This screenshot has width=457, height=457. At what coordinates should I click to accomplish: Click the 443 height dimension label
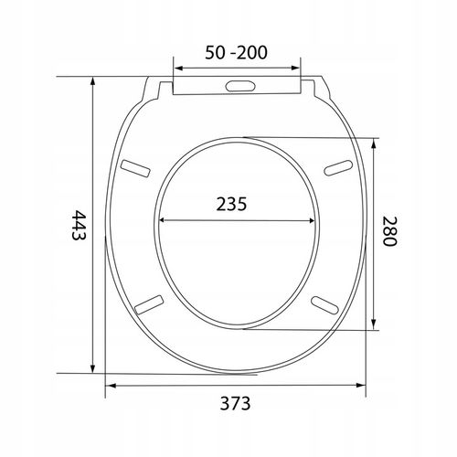pyautogui.click(x=79, y=225)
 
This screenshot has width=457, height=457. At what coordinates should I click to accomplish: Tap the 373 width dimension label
pyautogui.click(x=235, y=403)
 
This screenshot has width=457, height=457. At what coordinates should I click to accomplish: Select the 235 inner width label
pyautogui.click(x=231, y=204)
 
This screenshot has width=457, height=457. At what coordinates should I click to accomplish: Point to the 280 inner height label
pyautogui.click(x=389, y=231)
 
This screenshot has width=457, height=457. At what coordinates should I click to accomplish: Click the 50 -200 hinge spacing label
pyautogui.click(x=236, y=52)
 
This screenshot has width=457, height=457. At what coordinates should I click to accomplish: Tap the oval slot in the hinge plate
pyautogui.click(x=240, y=86)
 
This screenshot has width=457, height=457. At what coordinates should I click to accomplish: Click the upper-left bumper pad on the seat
pyautogui.click(x=135, y=168)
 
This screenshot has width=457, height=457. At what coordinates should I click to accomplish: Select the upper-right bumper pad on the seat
pyautogui.click(x=338, y=168)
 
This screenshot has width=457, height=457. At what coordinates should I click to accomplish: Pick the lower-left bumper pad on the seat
pyautogui.click(x=149, y=304)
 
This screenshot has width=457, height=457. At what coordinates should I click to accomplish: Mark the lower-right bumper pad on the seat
pyautogui.click(x=324, y=305)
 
